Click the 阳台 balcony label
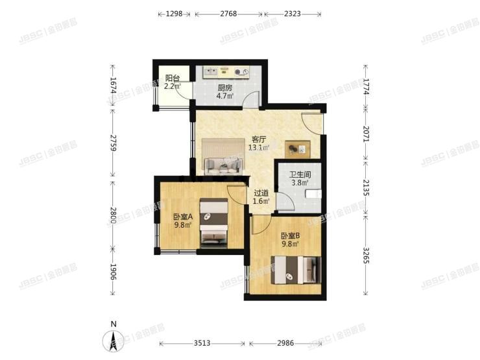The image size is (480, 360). (172, 77)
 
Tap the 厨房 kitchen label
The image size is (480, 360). (225, 88)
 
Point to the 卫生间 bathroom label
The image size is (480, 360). (300, 174)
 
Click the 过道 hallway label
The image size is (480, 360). (261, 193)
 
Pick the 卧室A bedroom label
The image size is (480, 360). (182, 217)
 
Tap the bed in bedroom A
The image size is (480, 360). (213, 222)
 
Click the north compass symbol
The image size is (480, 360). (114, 339)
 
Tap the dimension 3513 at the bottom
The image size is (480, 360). (204, 343)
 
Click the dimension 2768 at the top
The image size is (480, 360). (230, 14)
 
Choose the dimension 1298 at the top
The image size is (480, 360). (176, 14)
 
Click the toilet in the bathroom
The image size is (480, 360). (314, 194)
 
